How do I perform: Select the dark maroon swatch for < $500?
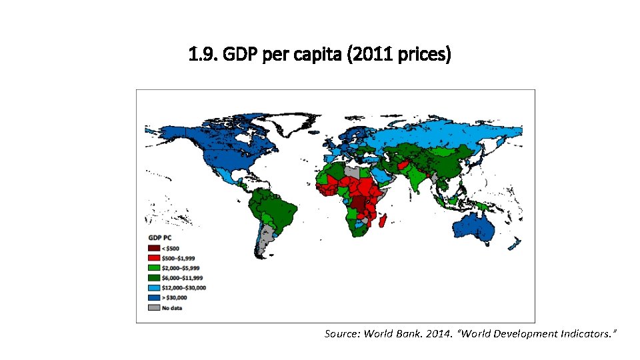(154, 248)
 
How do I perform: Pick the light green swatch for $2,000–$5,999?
(154, 268)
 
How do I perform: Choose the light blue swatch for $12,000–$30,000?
(154, 288)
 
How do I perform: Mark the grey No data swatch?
(154, 308)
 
